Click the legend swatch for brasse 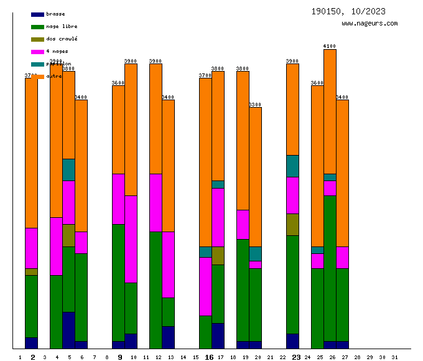point(37,14)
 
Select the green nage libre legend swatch point(37,27)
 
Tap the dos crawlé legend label point(62,39)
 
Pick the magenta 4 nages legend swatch point(37,51)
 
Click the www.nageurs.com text point(370,24)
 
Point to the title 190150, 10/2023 point(348,11)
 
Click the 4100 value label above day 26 point(330,46)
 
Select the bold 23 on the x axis point(296,357)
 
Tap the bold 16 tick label point(209,357)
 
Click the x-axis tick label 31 point(395,357)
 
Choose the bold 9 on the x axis point(120,357)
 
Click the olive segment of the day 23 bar point(292,224)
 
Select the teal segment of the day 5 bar point(68,169)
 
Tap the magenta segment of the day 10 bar point(131,239)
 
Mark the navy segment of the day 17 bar point(218,335)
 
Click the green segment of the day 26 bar point(330,268)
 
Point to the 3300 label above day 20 point(255,105)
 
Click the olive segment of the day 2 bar point(31,271)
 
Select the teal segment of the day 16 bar point(205,251)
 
